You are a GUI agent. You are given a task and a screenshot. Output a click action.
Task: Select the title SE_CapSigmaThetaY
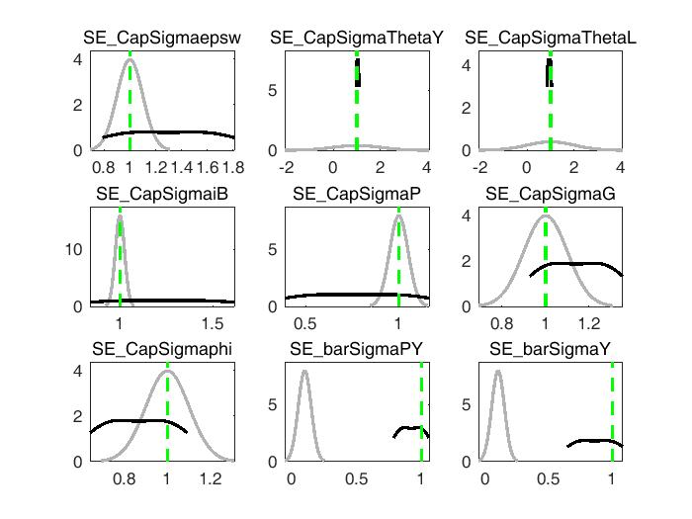(357, 39)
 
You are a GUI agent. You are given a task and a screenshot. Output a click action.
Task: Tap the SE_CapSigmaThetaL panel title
(551, 39)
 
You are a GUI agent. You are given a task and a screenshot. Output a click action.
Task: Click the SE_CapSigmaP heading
(357, 194)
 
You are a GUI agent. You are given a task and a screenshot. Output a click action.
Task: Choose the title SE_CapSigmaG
(551, 194)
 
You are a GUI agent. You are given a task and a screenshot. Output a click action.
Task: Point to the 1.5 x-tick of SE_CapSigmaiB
(213, 321)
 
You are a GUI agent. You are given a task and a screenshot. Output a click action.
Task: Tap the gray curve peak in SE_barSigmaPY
(304, 372)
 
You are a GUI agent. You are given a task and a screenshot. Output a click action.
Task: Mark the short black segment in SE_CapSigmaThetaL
(549, 73)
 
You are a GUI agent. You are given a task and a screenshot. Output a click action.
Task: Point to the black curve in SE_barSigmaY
(593, 441)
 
